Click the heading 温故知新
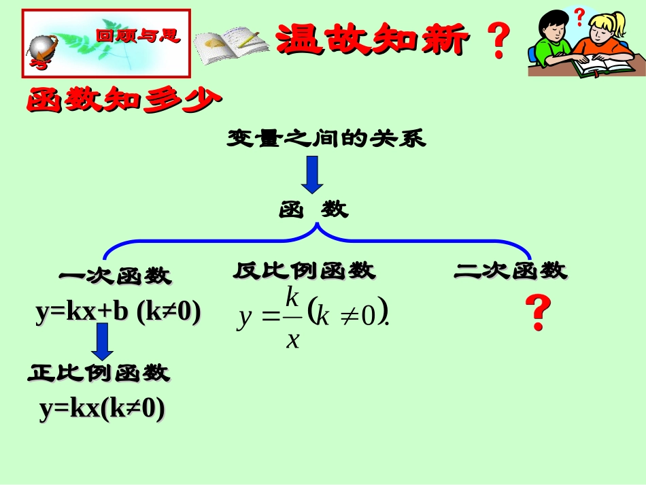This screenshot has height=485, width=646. (x=373, y=39)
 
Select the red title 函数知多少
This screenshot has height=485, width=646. (x=124, y=101)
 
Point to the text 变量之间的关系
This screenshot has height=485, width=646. (x=326, y=139)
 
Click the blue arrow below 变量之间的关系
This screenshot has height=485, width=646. (x=313, y=173)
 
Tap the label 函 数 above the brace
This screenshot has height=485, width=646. (x=313, y=210)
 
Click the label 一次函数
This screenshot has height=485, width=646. (x=116, y=275)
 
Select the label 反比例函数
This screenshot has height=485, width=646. (x=304, y=271)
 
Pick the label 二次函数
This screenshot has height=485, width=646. (x=510, y=271)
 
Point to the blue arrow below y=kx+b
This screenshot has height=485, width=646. (x=103, y=341)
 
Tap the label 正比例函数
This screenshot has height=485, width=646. (x=99, y=373)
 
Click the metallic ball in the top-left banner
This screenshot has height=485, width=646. (x=44, y=47)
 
